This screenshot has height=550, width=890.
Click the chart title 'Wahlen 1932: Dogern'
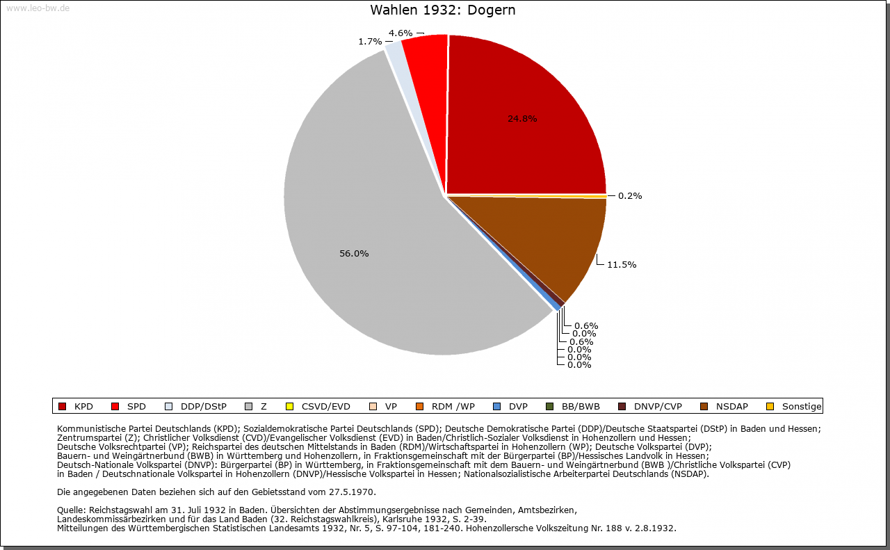click(x=443, y=10)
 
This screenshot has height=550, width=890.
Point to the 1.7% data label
click(x=370, y=41)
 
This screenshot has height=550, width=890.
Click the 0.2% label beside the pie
click(x=630, y=195)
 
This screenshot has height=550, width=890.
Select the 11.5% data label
click(x=622, y=265)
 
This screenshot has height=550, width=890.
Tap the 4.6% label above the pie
click(x=400, y=33)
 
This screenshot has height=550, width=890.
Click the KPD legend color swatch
click(x=62, y=407)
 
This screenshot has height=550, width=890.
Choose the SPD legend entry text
click(x=136, y=407)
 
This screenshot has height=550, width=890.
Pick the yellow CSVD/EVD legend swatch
click(x=290, y=407)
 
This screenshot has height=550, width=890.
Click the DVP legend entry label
click(x=518, y=407)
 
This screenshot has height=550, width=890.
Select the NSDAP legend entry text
click(x=732, y=407)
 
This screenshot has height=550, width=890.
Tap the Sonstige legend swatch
click(x=770, y=407)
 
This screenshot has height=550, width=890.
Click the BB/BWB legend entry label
click(x=581, y=407)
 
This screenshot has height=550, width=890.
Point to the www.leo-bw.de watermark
click(x=38, y=8)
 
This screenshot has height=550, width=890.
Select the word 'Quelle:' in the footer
click(x=72, y=510)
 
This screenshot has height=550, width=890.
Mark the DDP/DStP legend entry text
click(x=204, y=407)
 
